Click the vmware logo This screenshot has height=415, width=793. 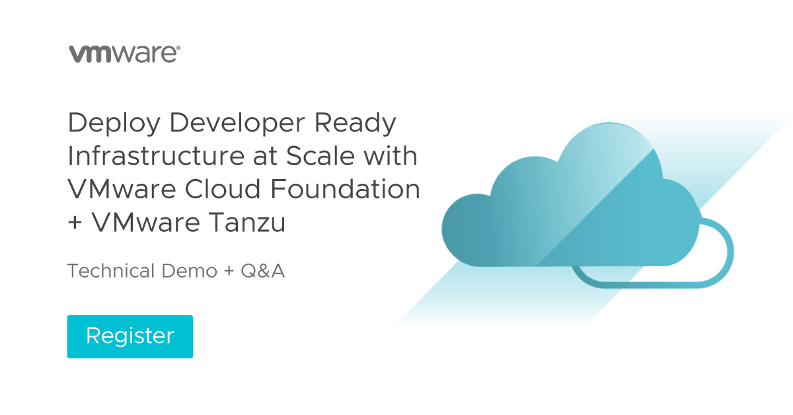[124, 54]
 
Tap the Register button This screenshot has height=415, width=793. [130, 336]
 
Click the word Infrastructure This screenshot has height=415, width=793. [156, 156]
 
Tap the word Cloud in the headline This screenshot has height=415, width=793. [223, 189]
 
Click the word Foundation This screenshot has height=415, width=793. [346, 189]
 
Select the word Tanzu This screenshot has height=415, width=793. [246, 223]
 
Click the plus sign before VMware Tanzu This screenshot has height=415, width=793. [75, 223]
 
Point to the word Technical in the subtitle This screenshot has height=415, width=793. [111, 271]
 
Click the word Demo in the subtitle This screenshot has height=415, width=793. [189, 271]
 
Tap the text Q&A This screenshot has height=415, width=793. [263, 271]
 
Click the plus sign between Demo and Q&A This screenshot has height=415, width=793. [229, 272]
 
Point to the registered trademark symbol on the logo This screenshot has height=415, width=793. [178, 48]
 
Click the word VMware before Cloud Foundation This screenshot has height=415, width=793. [122, 189]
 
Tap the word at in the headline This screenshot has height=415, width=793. [265, 157]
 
